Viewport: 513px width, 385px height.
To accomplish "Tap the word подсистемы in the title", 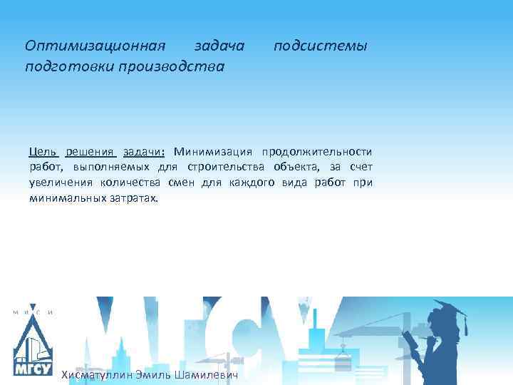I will click(321, 46).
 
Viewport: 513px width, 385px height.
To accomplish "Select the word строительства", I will click(225, 167).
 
